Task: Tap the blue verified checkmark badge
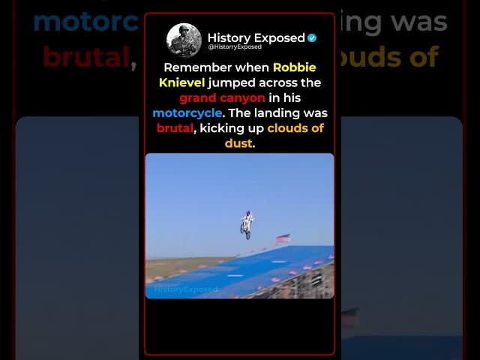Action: pos(312,37)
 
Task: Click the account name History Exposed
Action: pos(256,37)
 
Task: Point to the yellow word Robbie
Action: pos(294,67)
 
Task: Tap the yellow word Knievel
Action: pos(178,82)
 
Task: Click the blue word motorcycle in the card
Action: pos(186,113)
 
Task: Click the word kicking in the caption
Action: pos(224,128)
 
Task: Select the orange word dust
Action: pos(238,143)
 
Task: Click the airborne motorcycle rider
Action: pos(247,223)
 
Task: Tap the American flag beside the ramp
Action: pos(283,238)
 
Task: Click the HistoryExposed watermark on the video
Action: pos(186,289)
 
